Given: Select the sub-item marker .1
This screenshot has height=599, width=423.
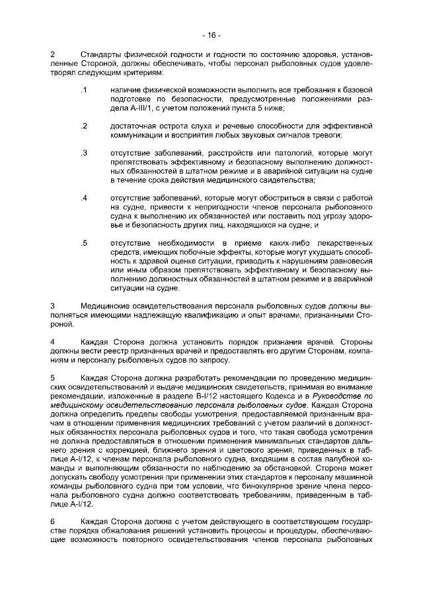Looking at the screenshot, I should point(83,89).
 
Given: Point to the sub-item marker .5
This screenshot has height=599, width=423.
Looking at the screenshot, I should point(84,242).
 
